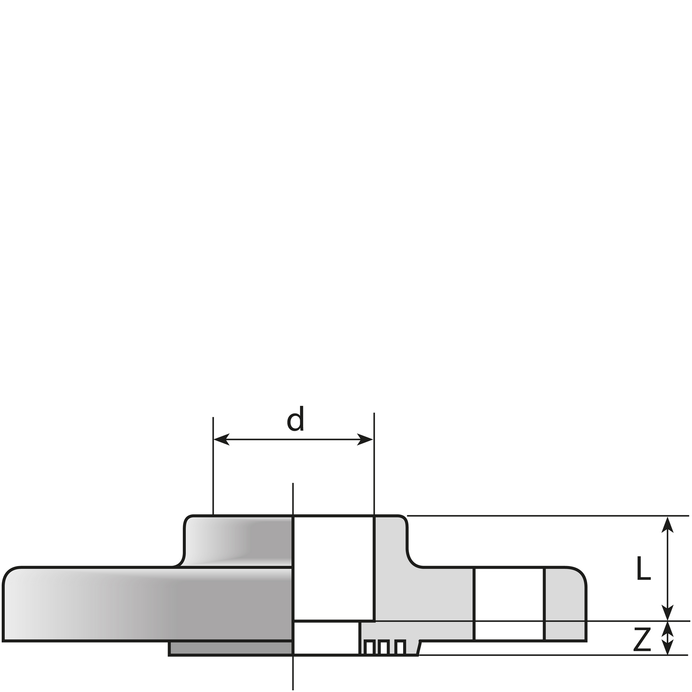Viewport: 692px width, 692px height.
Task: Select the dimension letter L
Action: [x=643, y=568]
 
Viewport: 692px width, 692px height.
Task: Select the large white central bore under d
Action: [x=333, y=568]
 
